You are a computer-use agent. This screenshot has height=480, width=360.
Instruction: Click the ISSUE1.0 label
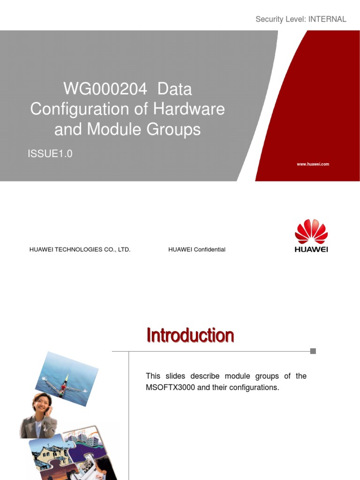tap(50, 154)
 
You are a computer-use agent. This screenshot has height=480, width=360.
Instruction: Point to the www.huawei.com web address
tap(313, 164)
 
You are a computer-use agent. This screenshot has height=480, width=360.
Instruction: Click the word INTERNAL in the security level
tap(327, 19)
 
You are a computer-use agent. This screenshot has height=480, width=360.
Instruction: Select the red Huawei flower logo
tap(311, 231)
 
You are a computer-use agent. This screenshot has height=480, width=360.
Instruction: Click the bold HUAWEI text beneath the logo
tap(311, 249)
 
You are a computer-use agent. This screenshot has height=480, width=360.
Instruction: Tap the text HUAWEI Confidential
tap(197, 249)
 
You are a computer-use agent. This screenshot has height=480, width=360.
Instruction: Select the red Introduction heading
tap(190, 336)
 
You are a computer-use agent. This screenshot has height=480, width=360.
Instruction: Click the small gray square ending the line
tap(313, 351)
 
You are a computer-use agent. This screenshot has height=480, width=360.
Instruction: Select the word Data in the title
tap(174, 89)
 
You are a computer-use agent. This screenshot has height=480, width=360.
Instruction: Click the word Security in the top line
tap(269, 19)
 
